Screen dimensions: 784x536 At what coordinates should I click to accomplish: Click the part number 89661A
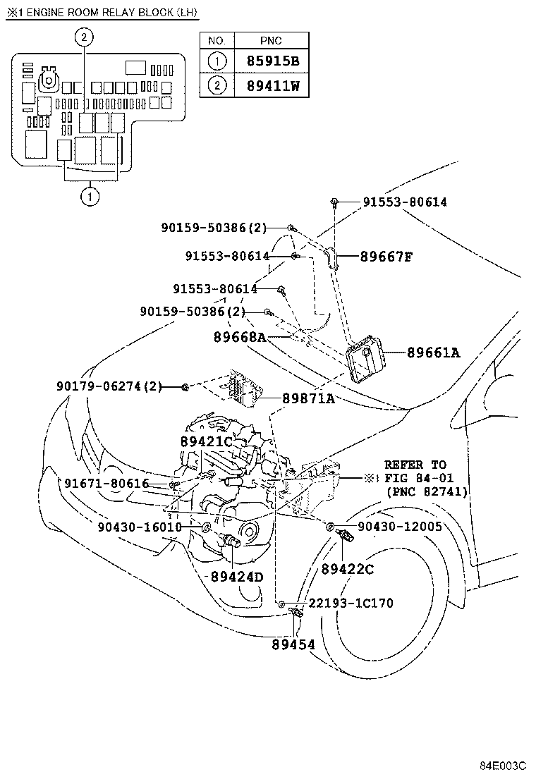[x=432, y=353]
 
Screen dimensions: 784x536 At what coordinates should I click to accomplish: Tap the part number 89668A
[x=239, y=338]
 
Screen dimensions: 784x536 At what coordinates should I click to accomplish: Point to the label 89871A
[x=308, y=399]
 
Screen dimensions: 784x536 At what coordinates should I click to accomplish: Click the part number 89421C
[x=206, y=442]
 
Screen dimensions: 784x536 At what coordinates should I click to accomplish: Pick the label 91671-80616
[x=106, y=484]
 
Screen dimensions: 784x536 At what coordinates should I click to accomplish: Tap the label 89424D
[x=236, y=577]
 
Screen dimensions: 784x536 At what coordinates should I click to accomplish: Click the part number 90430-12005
[x=399, y=526]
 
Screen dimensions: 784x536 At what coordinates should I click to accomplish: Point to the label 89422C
[x=347, y=569]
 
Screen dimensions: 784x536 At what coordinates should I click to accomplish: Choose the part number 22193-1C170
[x=351, y=604]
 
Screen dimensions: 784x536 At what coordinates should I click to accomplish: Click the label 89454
[x=293, y=644]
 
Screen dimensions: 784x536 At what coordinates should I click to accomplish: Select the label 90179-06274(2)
[x=109, y=386]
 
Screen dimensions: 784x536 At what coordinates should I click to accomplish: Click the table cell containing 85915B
[x=273, y=61]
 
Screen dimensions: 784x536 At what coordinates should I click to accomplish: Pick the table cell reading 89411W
[x=273, y=86]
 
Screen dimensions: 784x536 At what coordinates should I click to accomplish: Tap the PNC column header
[x=272, y=40]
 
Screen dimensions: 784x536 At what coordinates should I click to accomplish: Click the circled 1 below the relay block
[x=90, y=197]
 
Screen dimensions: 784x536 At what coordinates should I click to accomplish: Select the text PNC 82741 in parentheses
[x=427, y=491]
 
